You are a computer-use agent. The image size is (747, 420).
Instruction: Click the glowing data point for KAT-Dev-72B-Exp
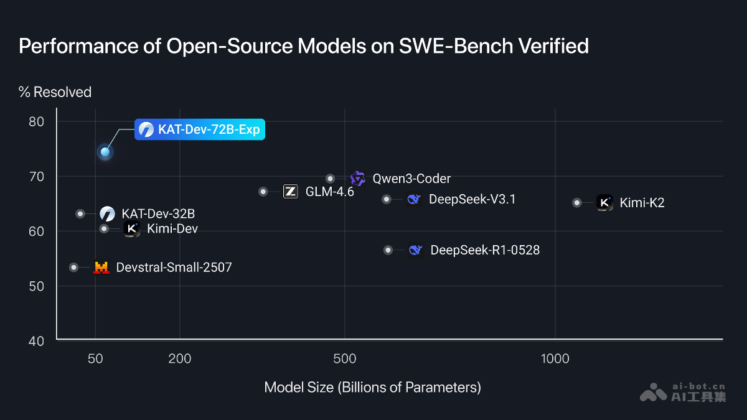(x=105, y=152)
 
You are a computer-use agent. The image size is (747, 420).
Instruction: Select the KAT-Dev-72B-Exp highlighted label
(x=200, y=129)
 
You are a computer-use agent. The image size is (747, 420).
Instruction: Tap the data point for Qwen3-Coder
(x=331, y=179)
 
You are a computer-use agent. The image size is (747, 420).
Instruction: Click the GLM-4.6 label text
(x=329, y=192)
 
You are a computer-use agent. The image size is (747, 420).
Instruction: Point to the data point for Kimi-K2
(x=577, y=202)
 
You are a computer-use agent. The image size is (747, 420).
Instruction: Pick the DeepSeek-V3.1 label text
(x=472, y=199)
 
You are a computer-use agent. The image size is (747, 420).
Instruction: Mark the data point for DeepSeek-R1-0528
(x=388, y=250)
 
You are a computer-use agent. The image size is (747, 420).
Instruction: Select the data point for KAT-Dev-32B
(x=80, y=213)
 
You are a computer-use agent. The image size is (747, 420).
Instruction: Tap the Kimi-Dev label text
(x=172, y=229)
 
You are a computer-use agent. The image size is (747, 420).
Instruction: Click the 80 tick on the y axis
(x=37, y=121)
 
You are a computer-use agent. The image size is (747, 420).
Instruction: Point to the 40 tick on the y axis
(x=37, y=341)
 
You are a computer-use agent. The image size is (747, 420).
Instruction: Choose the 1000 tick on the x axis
(x=555, y=359)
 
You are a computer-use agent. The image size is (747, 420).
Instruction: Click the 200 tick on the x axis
(x=179, y=359)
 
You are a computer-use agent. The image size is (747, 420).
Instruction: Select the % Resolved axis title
(x=55, y=92)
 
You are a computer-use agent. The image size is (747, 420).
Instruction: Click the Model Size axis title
(x=372, y=387)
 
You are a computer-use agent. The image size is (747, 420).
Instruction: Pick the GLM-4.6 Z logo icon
(x=290, y=192)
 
